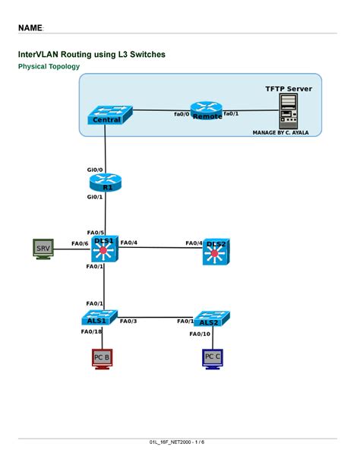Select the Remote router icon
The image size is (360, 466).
(x=206, y=111)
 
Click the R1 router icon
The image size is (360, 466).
(x=105, y=183)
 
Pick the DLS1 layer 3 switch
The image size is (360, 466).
(x=104, y=250)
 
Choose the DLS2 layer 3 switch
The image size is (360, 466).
(x=216, y=252)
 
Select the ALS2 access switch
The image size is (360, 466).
(x=211, y=319)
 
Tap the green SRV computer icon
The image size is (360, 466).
(x=43, y=249)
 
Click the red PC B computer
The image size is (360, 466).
(x=102, y=357)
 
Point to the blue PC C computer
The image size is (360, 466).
(x=213, y=357)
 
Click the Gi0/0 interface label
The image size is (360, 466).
(x=95, y=170)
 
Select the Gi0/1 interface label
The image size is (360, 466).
(x=95, y=197)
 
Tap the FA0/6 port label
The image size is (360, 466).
(x=80, y=243)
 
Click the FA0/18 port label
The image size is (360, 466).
(x=91, y=331)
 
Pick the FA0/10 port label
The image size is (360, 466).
(x=200, y=334)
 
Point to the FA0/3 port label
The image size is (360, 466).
(x=128, y=321)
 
